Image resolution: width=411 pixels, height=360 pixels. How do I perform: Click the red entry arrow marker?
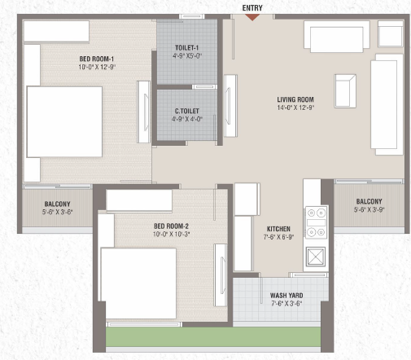(252, 17)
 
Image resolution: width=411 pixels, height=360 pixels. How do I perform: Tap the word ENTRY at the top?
(252, 8)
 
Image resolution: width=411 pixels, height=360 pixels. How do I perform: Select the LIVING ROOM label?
(295, 99)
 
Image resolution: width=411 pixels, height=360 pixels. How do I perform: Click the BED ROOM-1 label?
(97, 59)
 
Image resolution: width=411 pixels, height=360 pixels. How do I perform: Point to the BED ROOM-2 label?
(171, 226)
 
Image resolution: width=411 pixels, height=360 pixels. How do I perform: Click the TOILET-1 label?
(187, 48)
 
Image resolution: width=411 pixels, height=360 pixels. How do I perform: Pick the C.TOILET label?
(187, 111)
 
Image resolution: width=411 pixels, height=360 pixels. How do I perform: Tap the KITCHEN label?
(278, 229)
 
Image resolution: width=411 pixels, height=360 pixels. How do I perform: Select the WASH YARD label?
(286, 296)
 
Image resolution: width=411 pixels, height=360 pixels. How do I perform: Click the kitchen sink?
(316, 257)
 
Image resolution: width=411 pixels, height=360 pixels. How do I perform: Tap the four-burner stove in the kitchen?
(317, 222)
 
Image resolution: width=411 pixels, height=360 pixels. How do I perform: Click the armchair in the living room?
(345, 91)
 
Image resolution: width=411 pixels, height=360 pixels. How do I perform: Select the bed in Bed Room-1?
(64, 121)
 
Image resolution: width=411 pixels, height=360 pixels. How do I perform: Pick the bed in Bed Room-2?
(138, 283)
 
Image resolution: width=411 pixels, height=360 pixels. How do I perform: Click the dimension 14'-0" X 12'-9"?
(295, 108)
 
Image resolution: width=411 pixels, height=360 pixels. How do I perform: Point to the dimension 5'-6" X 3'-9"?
(369, 209)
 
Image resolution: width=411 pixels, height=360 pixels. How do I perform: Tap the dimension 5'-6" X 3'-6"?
(57, 212)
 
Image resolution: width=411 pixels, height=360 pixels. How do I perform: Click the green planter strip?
(213, 336)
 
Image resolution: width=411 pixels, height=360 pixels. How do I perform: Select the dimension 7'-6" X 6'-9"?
(278, 237)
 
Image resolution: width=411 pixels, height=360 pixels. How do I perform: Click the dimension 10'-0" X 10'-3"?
(171, 234)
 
